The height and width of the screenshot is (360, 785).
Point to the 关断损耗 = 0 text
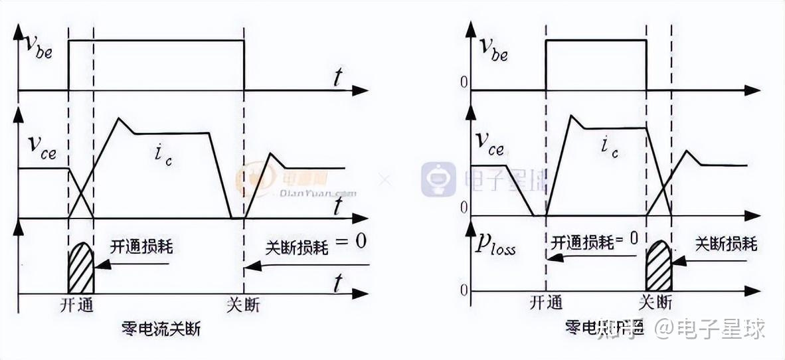(315, 244)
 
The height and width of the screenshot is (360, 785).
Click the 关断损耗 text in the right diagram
(726, 244)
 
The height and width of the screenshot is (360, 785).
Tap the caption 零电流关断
(161, 329)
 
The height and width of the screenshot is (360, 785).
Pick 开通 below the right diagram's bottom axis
(546, 303)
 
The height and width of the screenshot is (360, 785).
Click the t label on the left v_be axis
(338, 78)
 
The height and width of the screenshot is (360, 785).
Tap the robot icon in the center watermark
(438, 179)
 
